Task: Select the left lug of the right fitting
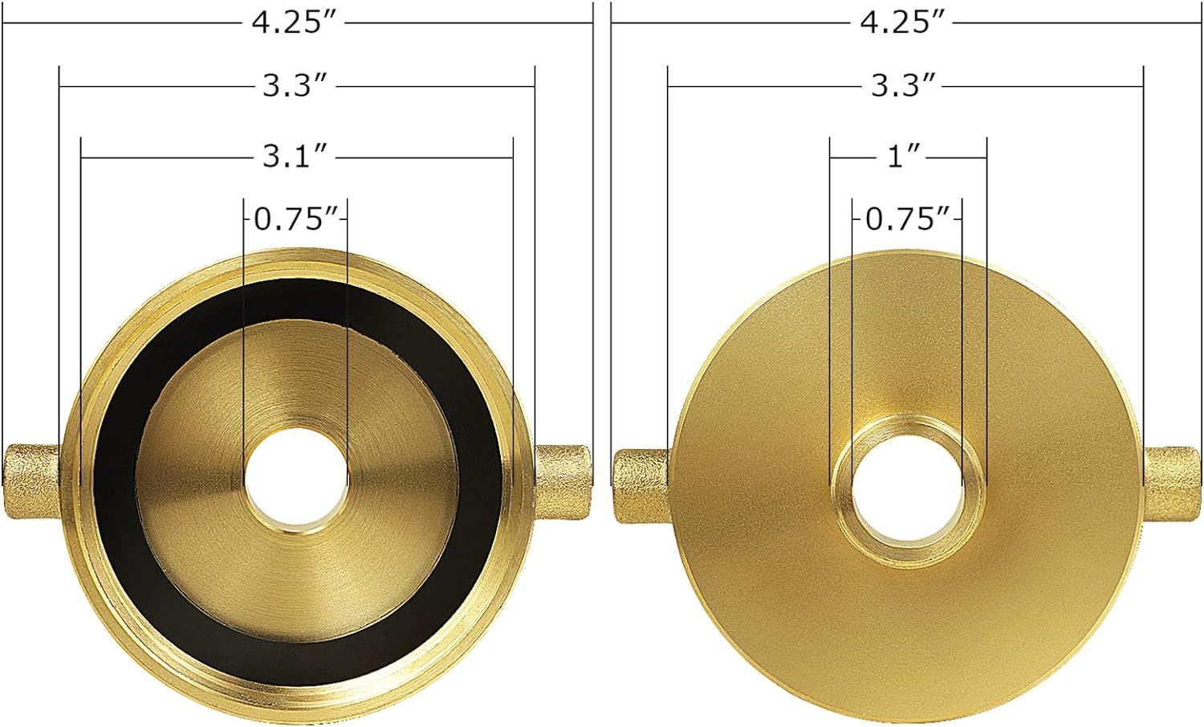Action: [x=641, y=485]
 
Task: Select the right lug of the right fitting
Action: [x=1172, y=485]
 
